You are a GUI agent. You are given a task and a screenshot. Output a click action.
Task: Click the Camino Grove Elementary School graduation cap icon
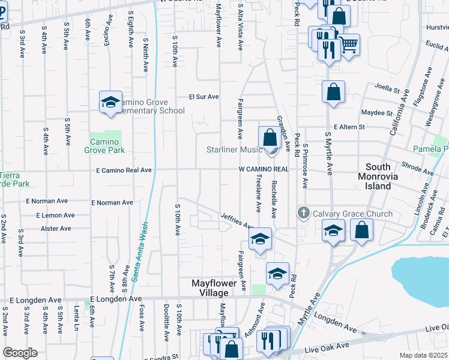point(110,101)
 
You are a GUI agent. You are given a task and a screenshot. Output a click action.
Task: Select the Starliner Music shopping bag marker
point(270,137)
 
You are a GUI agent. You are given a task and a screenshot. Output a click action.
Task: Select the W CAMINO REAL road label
point(264,169)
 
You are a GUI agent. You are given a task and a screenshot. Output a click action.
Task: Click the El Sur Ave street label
point(204,96)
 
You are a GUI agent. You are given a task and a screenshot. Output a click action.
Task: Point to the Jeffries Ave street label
point(237,221)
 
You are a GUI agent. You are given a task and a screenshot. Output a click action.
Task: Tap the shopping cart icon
point(349,44)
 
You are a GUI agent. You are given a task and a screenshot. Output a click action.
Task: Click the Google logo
point(20,353)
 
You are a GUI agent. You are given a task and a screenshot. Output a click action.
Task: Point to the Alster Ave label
point(56,229)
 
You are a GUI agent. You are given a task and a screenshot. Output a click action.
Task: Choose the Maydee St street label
point(377,112)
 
